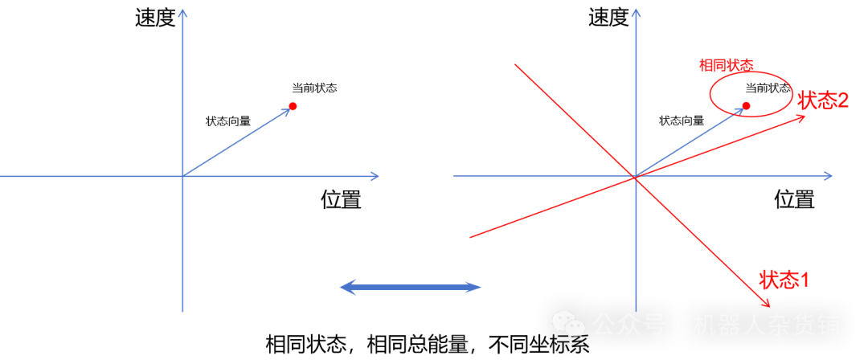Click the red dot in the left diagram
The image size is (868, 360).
[x=293, y=106]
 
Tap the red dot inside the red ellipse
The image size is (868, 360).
[x=746, y=105]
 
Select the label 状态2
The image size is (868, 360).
[x=823, y=100]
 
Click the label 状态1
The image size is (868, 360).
[x=784, y=280]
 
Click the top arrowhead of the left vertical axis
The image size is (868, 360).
[x=182, y=13]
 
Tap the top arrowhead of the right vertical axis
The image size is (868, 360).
[x=636, y=13]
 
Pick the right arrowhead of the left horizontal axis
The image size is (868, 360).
[x=375, y=176]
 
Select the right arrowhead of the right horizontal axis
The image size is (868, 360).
[x=828, y=176]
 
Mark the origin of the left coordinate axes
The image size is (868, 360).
[x=182, y=176]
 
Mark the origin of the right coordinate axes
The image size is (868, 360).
[x=636, y=176]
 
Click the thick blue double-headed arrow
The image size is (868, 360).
[x=410, y=287]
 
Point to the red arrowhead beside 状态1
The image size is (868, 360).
[x=767, y=303]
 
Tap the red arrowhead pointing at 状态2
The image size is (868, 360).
[x=801, y=117]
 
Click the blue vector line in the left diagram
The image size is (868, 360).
[x=237, y=141]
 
